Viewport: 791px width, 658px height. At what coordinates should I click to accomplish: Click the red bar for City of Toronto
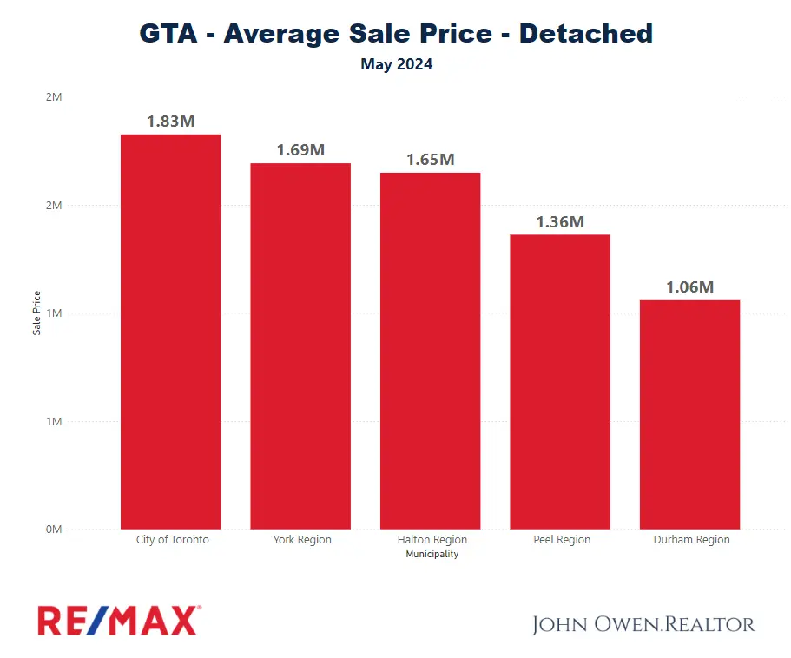[x=170, y=332]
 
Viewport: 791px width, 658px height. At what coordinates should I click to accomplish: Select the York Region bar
[x=300, y=345]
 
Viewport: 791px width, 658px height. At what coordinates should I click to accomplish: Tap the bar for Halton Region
[x=430, y=351]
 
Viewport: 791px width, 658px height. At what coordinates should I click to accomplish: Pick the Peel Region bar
[x=560, y=382]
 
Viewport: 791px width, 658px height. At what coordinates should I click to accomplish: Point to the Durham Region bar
[x=689, y=414]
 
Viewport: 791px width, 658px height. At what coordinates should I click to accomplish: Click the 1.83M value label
[x=171, y=122]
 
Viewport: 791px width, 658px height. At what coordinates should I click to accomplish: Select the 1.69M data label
[x=300, y=150]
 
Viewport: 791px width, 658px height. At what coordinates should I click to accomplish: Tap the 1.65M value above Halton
[x=431, y=160]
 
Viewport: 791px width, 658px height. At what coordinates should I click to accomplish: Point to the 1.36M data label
[x=560, y=222]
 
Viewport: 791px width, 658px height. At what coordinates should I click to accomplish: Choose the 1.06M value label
[x=689, y=287]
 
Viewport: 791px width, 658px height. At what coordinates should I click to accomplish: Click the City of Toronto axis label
[x=173, y=540]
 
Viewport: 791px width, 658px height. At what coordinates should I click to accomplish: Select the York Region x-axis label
[x=302, y=540]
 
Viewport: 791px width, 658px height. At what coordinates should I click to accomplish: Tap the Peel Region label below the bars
[x=562, y=540]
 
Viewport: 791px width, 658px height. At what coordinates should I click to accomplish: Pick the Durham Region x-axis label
[x=692, y=540]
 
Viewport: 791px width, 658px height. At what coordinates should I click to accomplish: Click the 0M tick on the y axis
[x=53, y=530]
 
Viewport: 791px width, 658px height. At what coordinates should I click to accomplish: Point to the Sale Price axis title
[x=37, y=313]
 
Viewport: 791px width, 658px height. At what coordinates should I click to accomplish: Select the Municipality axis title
[x=432, y=554]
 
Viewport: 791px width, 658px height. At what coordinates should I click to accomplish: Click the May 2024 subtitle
[x=396, y=64]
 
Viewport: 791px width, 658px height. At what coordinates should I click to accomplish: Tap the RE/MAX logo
[x=119, y=621]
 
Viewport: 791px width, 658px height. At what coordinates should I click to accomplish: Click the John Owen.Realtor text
[x=643, y=624]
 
